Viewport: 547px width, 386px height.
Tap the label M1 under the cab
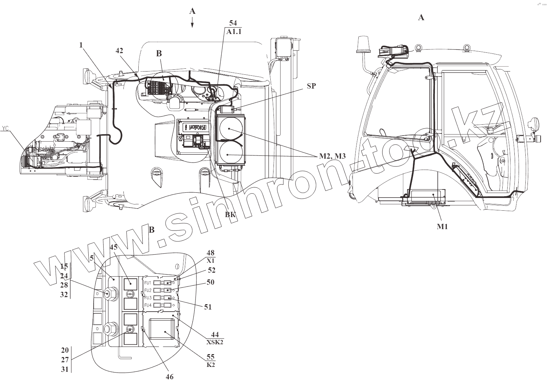pyautogui.click(x=442, y=227)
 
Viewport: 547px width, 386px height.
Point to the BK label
pyautogui.click(x=230, y=214)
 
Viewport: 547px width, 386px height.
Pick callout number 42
pyautogui.click(x=119, y=51)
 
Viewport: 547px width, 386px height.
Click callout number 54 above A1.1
pyautogui.click(x=233, y=23)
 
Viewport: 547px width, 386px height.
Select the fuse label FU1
pyautogui.click(x=148, y=283)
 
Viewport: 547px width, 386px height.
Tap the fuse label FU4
pyautogui.click(x=148, y=305)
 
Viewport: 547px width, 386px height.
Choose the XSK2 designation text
pyautogui.click(x=215, y=342)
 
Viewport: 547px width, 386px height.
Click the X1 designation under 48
pyautogui.click(x=211, y=260)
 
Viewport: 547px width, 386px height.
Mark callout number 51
pyautogui.click(x=208, y=307)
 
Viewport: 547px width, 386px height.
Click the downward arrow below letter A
pyautogui.click(x=192, y=23)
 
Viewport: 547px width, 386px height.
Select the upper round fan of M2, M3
pyautogui.click(x=229, y=129)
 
